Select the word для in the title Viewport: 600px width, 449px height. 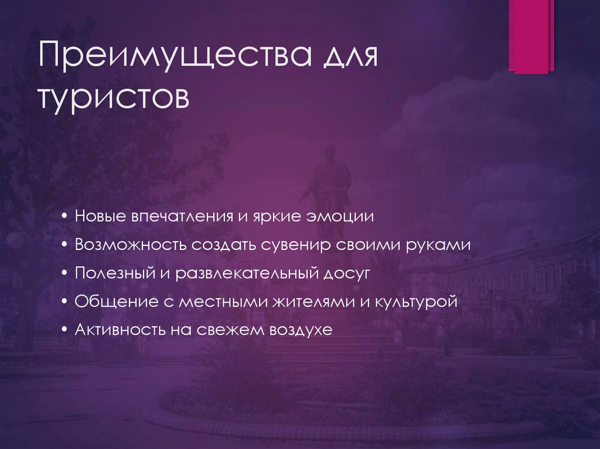coord(347,59)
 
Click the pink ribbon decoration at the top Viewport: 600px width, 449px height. coord(531,35)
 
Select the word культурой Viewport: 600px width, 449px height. coord(419,302)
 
